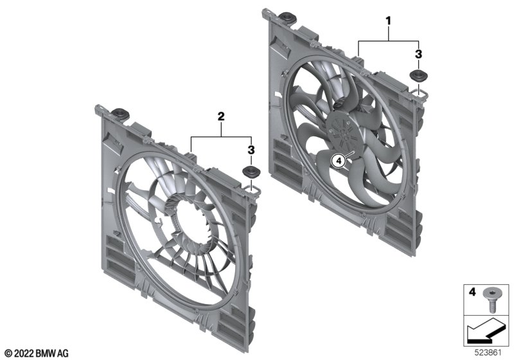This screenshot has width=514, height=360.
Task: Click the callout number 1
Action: (389, 21)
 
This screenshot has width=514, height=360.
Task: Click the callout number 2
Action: (221, 116)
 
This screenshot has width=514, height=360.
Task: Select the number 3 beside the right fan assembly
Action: (418, 55)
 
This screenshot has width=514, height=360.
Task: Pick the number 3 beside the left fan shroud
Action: (251, 150)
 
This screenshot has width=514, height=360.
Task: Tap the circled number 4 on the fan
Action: (339, 161)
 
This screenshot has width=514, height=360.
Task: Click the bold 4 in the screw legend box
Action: (472, 291)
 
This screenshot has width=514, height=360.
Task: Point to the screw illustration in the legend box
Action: (491, 299)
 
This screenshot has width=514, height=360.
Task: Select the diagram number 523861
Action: (488, 353)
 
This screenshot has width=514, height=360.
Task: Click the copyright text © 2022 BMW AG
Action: (37, 354)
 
